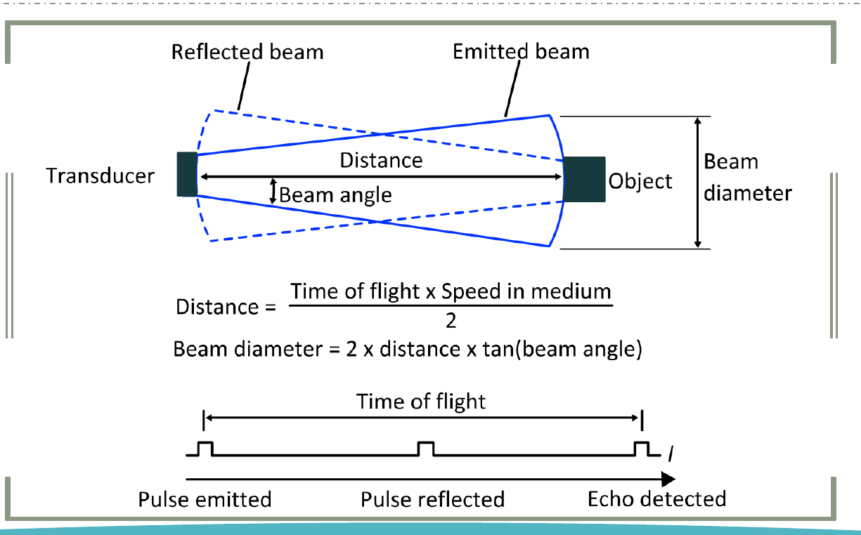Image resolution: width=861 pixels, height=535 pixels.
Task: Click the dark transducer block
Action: pyautogui.click(x=187, y=174)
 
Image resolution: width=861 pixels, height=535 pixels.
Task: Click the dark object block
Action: pyautogui.click(x=584, y=179)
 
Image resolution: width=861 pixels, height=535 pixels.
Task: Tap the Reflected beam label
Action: pyautogui.click(x=247, y=52)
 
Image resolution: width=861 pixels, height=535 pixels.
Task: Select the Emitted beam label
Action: pyautogui.click(x=521, y=51)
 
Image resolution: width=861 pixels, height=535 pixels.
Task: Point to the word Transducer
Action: pyautogui.click(x=101, y=176)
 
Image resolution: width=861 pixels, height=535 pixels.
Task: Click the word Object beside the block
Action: pyautogui.click(x=640, y=181)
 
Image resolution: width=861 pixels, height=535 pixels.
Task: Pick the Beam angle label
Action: pyautogui.click(x=335, y=195)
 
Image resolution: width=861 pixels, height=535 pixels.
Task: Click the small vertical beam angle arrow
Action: pyautogui.click(x=273, y=191)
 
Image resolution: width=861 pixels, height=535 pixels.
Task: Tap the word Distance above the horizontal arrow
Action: pyautogui.click(x=381, y=160)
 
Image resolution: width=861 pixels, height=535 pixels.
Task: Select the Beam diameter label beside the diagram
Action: pyautogui.click(x=748, y=177)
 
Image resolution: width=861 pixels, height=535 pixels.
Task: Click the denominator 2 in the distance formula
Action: pyautogui.click(x=451, y=321)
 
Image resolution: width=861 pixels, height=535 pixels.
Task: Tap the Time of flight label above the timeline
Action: pyautogui.click(x=421, y=402)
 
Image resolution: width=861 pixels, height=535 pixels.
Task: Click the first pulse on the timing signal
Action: pyautogui.click(x=205, y=449)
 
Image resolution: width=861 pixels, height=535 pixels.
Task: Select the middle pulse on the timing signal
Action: pyautogui.click(x=426, y=449)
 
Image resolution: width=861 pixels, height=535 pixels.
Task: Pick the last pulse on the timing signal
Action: pyautogui.click(x=642, y=449)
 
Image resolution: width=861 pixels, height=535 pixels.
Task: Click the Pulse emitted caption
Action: pyautogui.click(x=205, y=500)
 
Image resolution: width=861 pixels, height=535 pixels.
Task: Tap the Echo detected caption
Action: pyautogui.click(x=657, y=499)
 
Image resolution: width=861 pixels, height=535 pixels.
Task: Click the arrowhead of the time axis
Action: pyautogui.click(x=668, y=479)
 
